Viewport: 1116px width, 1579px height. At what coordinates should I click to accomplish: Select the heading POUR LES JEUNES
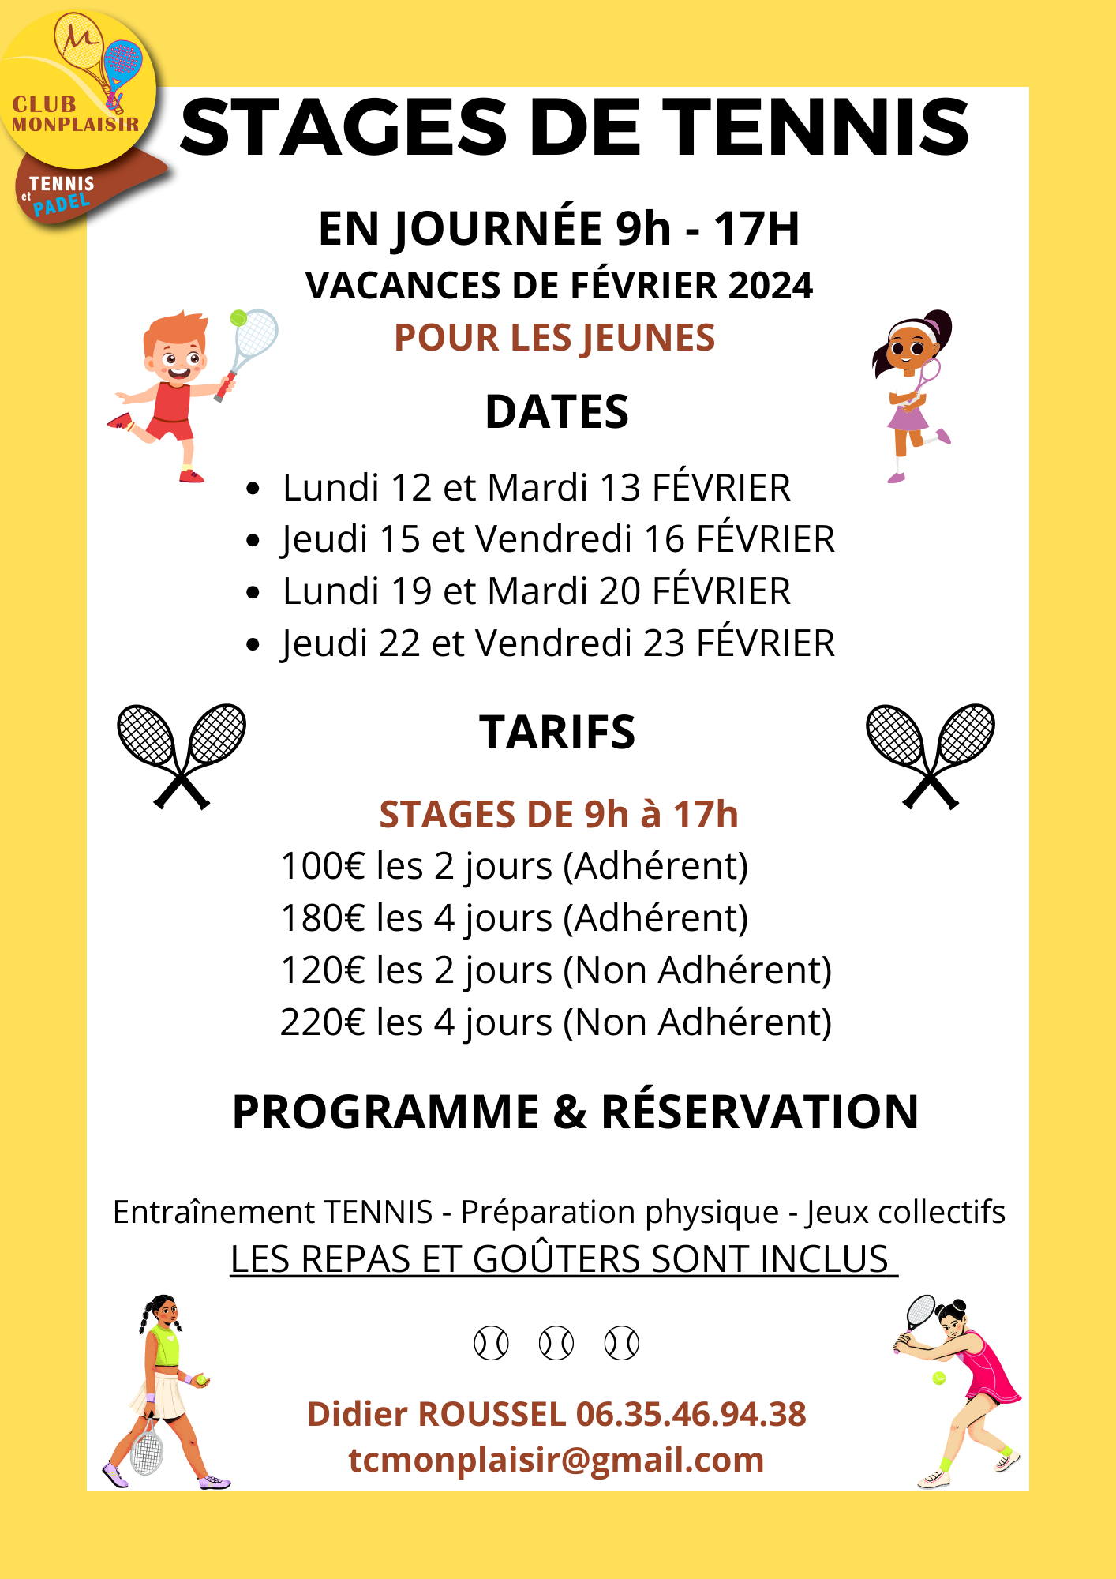pyautogui.click(x=554, y=338)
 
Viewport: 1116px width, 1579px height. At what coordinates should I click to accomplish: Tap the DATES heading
pyautogui.click(x=556, y=412)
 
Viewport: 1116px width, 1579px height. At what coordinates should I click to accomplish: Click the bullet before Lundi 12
pyautogui.click(x=253, y=489)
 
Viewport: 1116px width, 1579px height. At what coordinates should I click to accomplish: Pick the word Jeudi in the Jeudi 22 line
pyautogui.click(x=324, y=643)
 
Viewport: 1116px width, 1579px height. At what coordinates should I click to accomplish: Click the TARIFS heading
pyautogui.click(x=556, y=733)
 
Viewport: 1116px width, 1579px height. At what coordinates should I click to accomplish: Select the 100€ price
pyautogui.click(x=323, y=866)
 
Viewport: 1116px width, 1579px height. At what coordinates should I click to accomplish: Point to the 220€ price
pyautogui.click(x=323, y=1022)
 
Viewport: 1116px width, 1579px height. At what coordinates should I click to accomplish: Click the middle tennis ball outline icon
pyautogui.click(x=556, y=1343)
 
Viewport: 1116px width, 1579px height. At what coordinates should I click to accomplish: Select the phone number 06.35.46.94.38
pyautogui.click(x=691, y=1414)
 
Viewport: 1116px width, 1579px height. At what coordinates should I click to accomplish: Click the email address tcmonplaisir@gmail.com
pyautogui.click(x=556, y=1460)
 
